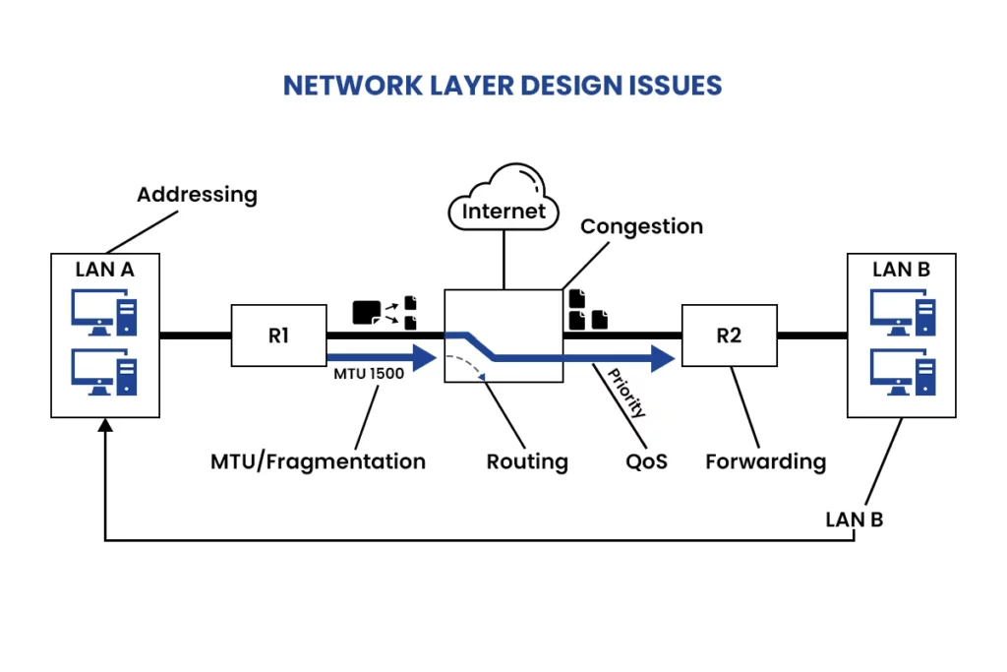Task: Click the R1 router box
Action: pyautogui.click(x=278, y=336)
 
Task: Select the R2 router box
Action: pyautogui.click(x=729, y=336)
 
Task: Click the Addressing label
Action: pyautogui.click(x=197, y=194)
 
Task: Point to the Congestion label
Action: pyautogui.click(x=641, y=226)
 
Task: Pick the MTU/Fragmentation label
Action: pyautogui.click(x=318, y=460)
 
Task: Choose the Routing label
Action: pyautogui.click(x=527, y=460)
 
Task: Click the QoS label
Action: pyautogui.click(x=646, y=460)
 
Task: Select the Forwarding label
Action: pyautogui.click(x=765, y=460)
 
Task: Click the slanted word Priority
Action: pyautogui.click(x=626, y=393)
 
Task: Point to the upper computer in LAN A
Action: pyautogui.click(x=104, y=313)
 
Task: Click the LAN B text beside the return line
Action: pyautogui.click(x=854, y=519)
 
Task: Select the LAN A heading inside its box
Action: pyautogui.click(x=105, y=268)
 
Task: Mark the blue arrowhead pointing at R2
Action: pyautogui.click(x=666, y=358)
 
